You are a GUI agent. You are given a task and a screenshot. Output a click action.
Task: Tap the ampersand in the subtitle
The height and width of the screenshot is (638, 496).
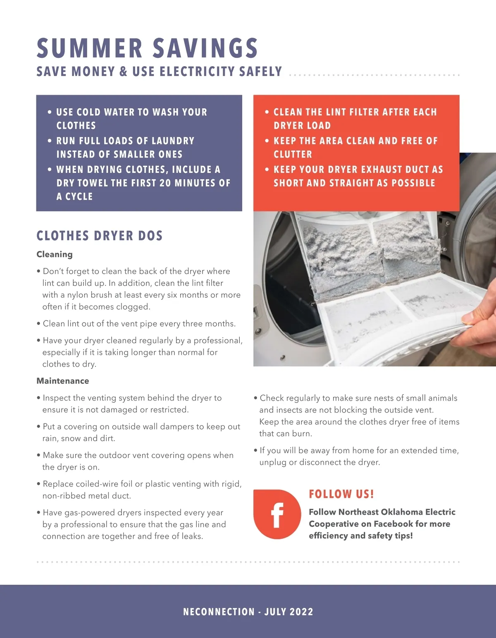tap(124, 72)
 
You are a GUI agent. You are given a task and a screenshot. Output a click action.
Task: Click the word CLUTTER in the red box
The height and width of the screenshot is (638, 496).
tap(293, 154)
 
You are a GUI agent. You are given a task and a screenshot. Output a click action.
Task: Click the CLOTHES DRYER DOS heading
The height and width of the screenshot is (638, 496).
tap(100, 236)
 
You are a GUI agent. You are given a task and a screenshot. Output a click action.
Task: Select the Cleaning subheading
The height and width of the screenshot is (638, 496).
tap(55, 254)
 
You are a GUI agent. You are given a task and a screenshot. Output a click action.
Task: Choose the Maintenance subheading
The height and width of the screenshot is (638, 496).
tap(63, 381)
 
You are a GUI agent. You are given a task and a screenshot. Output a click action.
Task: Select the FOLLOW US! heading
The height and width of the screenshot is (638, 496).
tap(341, 494)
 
